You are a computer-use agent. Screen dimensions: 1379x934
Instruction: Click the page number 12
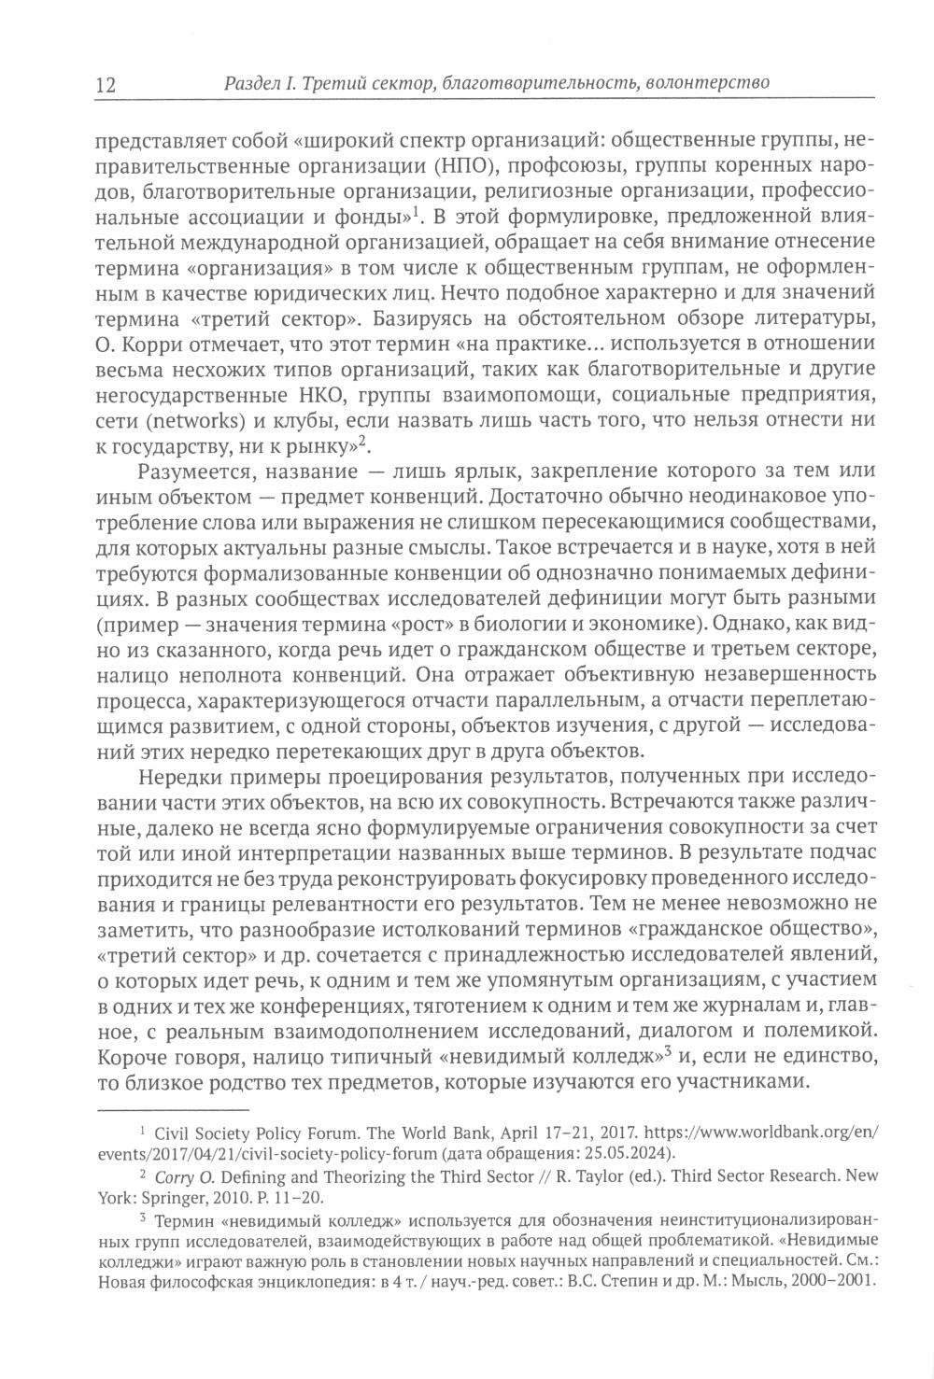click(104, 85)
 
